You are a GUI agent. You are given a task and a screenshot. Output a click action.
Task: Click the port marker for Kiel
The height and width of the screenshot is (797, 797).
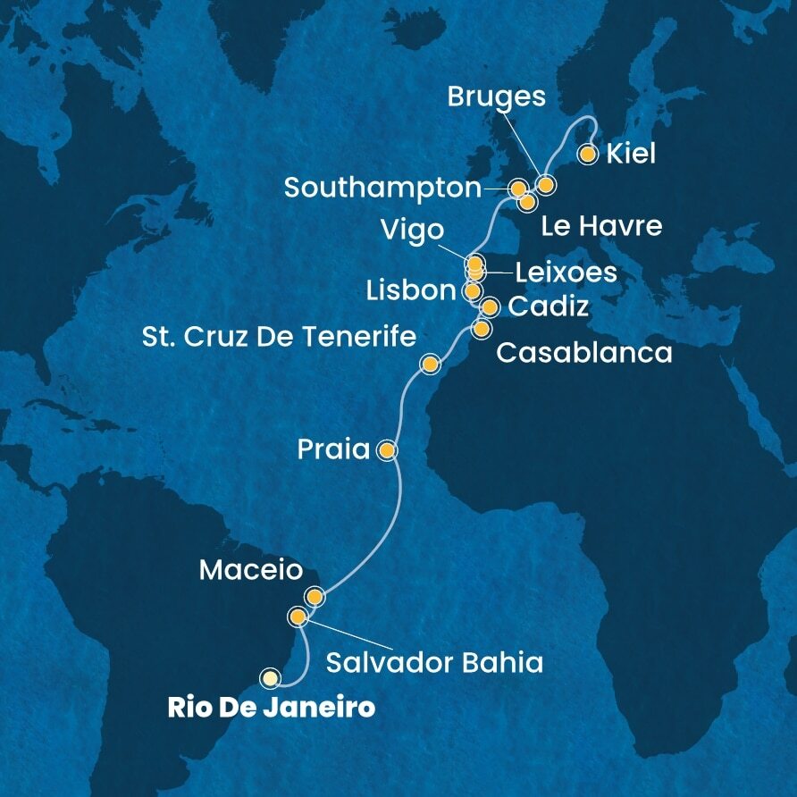tap(587, 155)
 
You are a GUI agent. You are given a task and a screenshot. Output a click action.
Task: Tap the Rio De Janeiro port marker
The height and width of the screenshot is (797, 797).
tap(270, 678)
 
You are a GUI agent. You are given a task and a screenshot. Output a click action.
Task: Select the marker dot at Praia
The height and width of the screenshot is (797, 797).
tap(387, 450)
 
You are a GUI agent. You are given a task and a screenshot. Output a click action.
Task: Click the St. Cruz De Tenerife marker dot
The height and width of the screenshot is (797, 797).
tap(431, 365)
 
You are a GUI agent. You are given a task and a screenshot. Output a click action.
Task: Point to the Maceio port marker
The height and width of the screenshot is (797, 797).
tap(314, 596)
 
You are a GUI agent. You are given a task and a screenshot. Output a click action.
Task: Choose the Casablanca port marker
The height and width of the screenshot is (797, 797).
tap(481, 329)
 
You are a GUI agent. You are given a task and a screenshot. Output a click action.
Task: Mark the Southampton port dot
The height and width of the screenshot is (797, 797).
tap(517, 189)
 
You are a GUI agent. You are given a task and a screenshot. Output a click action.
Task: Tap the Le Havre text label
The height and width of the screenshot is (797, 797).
tap(601, 227)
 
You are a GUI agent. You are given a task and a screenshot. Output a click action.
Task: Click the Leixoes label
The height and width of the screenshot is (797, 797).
tap(559, 273)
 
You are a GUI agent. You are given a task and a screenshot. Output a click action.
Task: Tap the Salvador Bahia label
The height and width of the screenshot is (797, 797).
tap(434, 663)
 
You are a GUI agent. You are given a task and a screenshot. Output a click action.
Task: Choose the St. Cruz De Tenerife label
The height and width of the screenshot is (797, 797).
tap(280, 337)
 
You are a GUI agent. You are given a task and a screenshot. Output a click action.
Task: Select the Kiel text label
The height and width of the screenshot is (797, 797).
tap(631, 154)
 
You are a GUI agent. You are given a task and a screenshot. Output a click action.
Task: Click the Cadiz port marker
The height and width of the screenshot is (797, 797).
tap(490, 308)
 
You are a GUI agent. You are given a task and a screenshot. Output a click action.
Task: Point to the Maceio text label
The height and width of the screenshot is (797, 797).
tap(251, 569)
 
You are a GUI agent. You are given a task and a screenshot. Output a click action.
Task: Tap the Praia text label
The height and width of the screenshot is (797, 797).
tap(334, 449)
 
